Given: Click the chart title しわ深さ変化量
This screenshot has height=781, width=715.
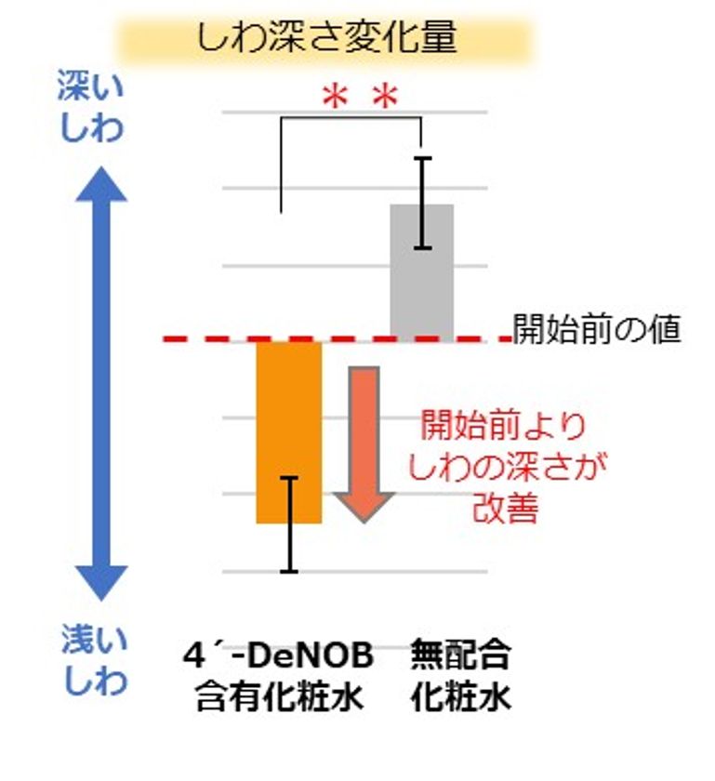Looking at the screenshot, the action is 326,37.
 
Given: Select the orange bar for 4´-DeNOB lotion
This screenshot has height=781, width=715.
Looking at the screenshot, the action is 289,432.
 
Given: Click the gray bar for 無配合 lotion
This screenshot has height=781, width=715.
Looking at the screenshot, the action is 422,273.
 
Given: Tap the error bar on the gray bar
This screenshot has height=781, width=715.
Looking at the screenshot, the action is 423,203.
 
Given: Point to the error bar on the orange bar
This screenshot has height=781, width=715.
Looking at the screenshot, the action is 289,525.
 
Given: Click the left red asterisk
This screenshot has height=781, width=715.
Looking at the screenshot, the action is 335,98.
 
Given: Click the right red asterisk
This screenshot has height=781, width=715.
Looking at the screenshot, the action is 386,98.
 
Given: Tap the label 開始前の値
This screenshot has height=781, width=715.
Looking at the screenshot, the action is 597,329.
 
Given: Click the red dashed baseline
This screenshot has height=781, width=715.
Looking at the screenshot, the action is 338,339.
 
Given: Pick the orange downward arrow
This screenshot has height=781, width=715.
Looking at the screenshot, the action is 364,444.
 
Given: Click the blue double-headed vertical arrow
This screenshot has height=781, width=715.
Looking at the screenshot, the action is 101,383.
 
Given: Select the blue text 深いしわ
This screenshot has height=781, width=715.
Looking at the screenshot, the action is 91,107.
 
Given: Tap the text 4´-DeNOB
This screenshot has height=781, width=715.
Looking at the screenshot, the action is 278,655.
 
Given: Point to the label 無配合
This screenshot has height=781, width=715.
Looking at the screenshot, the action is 460,655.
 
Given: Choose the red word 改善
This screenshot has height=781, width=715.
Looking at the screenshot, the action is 505,508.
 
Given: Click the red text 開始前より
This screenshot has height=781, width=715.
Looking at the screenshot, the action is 503,426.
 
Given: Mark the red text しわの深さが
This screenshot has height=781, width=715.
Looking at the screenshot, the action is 508,467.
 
